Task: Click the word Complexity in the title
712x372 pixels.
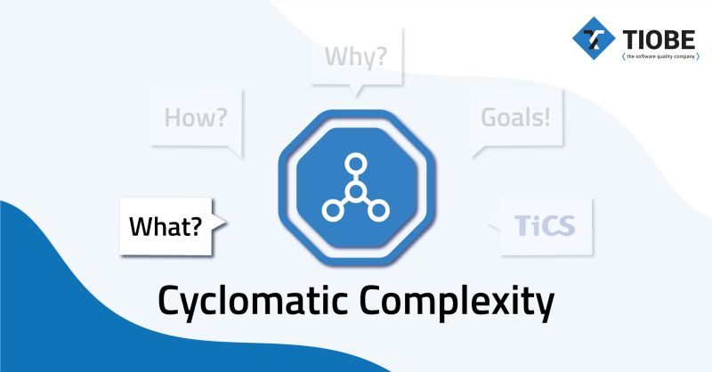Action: point(454,301)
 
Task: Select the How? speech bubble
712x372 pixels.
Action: point(196,117)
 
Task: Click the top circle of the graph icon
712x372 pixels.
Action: point(355,164)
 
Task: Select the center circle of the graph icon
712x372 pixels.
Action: point(355,191)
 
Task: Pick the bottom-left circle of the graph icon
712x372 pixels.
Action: point(331,211)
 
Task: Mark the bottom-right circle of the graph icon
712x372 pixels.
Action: point(380,211)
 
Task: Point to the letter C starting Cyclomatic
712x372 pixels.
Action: point(169,301)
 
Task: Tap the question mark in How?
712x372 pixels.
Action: point(222,117)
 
